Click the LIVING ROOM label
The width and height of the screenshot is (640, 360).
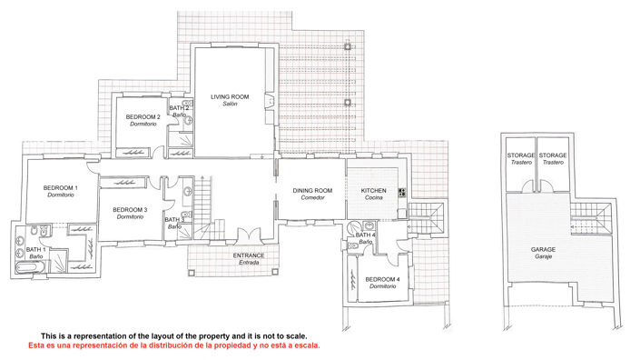tap(230, 95)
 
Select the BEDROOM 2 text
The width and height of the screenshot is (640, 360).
tap(143, 117)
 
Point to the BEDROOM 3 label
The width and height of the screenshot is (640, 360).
tap(130, 211)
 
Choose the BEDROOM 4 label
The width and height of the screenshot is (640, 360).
tap(382, 280)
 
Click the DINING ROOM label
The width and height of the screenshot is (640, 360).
tap(312, 191)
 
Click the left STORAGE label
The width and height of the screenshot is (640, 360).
tap(520, 155)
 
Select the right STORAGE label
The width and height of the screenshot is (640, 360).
tap(552, 155)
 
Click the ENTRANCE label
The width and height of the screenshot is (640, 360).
tap(249, 256)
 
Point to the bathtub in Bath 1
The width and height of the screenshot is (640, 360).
tap(22, 265)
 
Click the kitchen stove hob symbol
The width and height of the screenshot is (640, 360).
tap(400, 191)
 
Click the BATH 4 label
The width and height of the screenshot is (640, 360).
tap(365, 236)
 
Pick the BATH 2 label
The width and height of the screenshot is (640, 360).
tap(179, 109)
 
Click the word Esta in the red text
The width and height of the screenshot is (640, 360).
tap(37, 345)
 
